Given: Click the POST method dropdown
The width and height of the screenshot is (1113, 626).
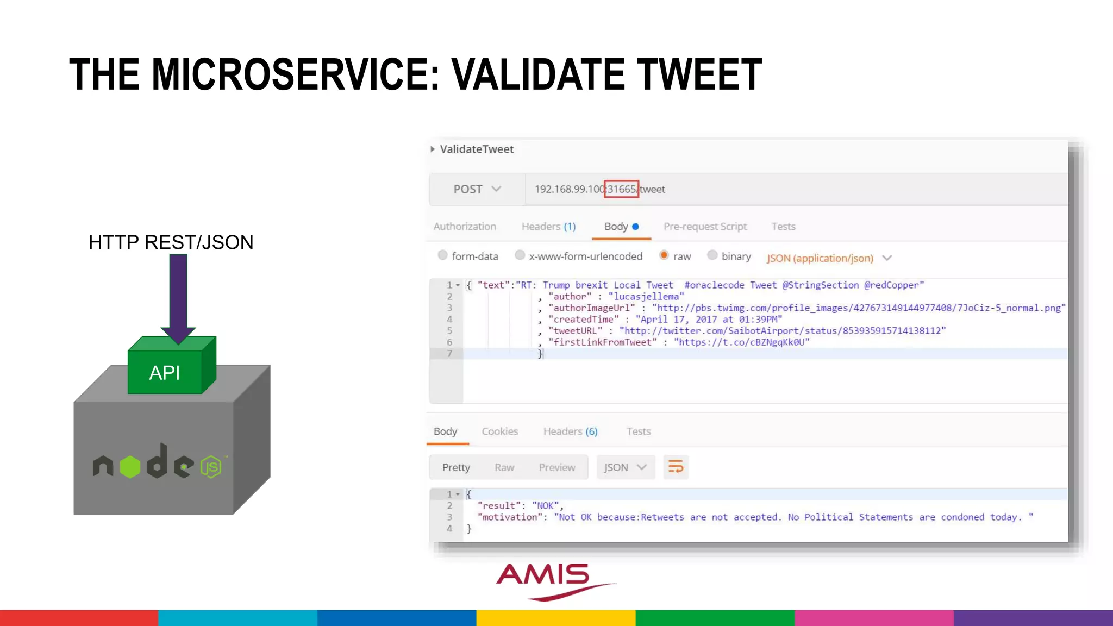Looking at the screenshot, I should [x=477, y=189].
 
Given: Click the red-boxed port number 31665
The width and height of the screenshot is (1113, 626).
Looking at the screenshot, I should [x=621, y=189].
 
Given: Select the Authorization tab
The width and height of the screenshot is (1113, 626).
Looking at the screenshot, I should [x=465, y=227].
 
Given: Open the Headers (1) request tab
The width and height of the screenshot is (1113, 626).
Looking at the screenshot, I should [x=548, y=227].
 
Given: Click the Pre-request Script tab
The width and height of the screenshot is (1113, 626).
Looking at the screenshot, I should [x=704, y=227].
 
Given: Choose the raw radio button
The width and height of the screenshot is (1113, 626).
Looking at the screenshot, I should [x=664, y=255].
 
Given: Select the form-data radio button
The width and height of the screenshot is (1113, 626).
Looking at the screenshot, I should [x=443, y=255].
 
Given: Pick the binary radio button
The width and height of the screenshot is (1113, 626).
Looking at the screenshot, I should [x=712, y=255].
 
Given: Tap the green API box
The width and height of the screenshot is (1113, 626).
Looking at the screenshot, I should [x=165, y=372].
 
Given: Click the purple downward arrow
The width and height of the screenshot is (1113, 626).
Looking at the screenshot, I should [x=178, y=296].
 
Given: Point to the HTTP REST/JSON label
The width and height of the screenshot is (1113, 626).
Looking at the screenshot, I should [x=171, y=242].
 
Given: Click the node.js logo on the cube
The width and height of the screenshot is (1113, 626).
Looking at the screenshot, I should [x=158, y=465].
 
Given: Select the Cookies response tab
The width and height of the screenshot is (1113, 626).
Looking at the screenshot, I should [x=499, y=431].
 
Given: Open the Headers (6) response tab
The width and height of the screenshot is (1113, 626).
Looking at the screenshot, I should [x=570, y=431].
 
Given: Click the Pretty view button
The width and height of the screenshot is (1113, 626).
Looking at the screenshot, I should [x=456, y=467].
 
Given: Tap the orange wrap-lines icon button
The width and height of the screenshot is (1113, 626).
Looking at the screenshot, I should [x=676, y=467].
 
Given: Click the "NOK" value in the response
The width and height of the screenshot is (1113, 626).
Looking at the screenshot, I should [x=545, y=506].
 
